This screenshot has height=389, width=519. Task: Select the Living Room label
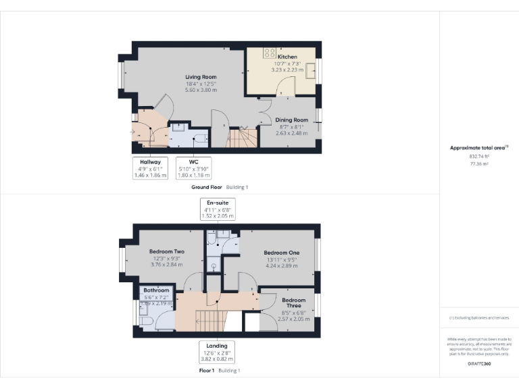(x=201, y=77)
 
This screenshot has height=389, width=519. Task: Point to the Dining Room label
(x=291, y=120)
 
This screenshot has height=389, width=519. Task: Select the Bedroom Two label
(x=167, y=251)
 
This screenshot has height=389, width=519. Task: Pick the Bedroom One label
(x=281, y=251)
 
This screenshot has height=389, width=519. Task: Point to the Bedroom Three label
(x=294, y=303)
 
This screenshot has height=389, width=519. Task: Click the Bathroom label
(x=156, y=290)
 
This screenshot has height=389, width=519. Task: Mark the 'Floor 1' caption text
(x=206, y=371)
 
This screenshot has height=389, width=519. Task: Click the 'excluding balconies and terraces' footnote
(x=479, y=317)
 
